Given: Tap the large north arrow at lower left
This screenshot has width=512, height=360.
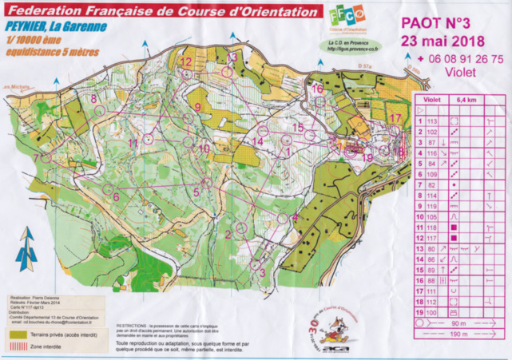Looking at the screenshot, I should pyautogui.click(x=29, y=247).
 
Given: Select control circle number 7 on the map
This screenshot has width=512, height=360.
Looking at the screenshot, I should pyautogui.click(x=46, y=158).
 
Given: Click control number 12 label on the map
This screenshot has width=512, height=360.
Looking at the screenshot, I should pyautogui.click(x=185, y=61).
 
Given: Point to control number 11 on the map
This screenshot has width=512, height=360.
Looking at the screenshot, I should pyautogui.click(x=133, y=143).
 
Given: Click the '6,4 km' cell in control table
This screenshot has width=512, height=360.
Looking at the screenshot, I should pyautogui.click(x=465, y=101).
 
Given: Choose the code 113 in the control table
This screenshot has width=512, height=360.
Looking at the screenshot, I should pyautogui.click(x=433, y=121).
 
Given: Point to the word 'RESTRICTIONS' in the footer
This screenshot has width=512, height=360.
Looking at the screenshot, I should pyautogui.click(x=132, y=326).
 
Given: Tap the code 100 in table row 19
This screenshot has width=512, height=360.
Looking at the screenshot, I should pyautogui.click(x=433, y=313).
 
